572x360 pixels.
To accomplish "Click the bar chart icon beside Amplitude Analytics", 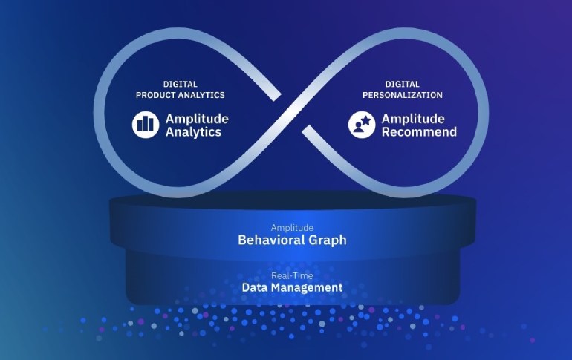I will click(146, 125).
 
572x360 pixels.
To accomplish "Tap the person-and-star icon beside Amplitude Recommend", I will click(362, 125).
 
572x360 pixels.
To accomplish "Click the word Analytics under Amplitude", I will click(194, 132).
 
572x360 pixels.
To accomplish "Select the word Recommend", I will click(419, 132).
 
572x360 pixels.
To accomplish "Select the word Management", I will click(307, 287).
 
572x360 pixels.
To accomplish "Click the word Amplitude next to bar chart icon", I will click(197, 119).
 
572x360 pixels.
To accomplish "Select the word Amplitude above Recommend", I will click(413, 119).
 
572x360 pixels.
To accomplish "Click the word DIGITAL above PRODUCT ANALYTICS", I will click(180, 84).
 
